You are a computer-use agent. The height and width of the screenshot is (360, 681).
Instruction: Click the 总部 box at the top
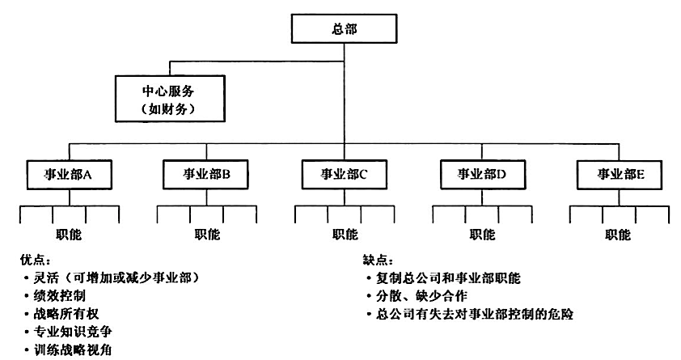pyautogui.click(x=344, y=28)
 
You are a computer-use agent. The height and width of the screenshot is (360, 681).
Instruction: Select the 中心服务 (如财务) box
pyautogui.click(x=170, y=99)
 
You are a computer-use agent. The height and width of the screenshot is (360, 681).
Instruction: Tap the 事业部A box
pyautogui.click(x=69, y=175)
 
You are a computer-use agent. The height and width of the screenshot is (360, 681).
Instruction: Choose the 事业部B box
pyautogui.click(x=206, y=175)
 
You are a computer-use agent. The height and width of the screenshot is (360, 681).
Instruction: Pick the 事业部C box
pyautogui.click(x=345, y=175)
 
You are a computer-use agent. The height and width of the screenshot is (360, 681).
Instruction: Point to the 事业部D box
pyautogui.click(x=482, y=175)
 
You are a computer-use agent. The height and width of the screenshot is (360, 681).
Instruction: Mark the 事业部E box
pyautogui.click(x=620, y=175)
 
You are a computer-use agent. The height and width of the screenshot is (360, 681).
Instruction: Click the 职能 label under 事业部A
pyautogui.click(x=69, y=235)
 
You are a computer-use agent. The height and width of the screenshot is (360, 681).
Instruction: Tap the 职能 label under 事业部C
pyautogui.click(x=345, y=235)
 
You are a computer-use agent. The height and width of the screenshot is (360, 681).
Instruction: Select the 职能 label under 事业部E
pyautogui.click(x=618, y=235)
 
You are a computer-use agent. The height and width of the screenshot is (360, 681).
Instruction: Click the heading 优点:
pyautogui.click(x=36, y=260)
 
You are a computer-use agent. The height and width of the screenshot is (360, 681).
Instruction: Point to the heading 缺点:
pyautogui.click(x=378, y=260)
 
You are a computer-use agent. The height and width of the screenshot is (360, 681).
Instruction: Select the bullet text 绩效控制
pyautogui.click(x=60, y=296)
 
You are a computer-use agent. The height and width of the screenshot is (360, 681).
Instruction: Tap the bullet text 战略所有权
pyautogui.click(x=66, y=314)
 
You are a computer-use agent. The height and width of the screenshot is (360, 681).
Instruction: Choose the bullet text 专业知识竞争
pyautogui.click(x=73, y=332)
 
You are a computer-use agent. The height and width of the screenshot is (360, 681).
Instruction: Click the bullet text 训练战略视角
pyautogui.click(x=73, y=349)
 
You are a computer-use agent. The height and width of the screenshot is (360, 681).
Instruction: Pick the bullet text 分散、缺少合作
pyautogui.click(x=421, y=296)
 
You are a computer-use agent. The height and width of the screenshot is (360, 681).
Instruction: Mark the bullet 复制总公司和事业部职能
pyautogui.click(x=448, y=278)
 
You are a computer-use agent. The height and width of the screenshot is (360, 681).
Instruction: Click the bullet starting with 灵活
pyautogui.click(x=116, y=278)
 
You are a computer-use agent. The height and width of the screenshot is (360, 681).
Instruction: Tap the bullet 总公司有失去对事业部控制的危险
pyautogui.click(x=475, y=314)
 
